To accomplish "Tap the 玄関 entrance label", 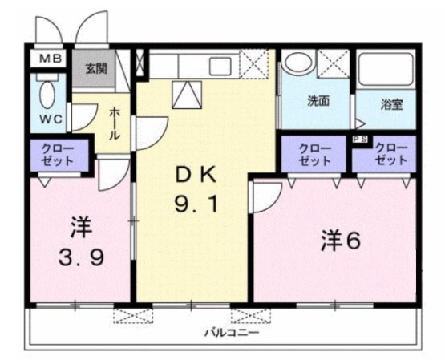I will click(95, 69).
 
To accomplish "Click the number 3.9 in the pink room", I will click(82, 260).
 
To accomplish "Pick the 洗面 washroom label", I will click(318, 102).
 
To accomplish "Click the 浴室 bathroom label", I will click(390, 104).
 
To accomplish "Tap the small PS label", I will click(358, 140).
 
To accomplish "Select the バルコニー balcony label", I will click(225, 330).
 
